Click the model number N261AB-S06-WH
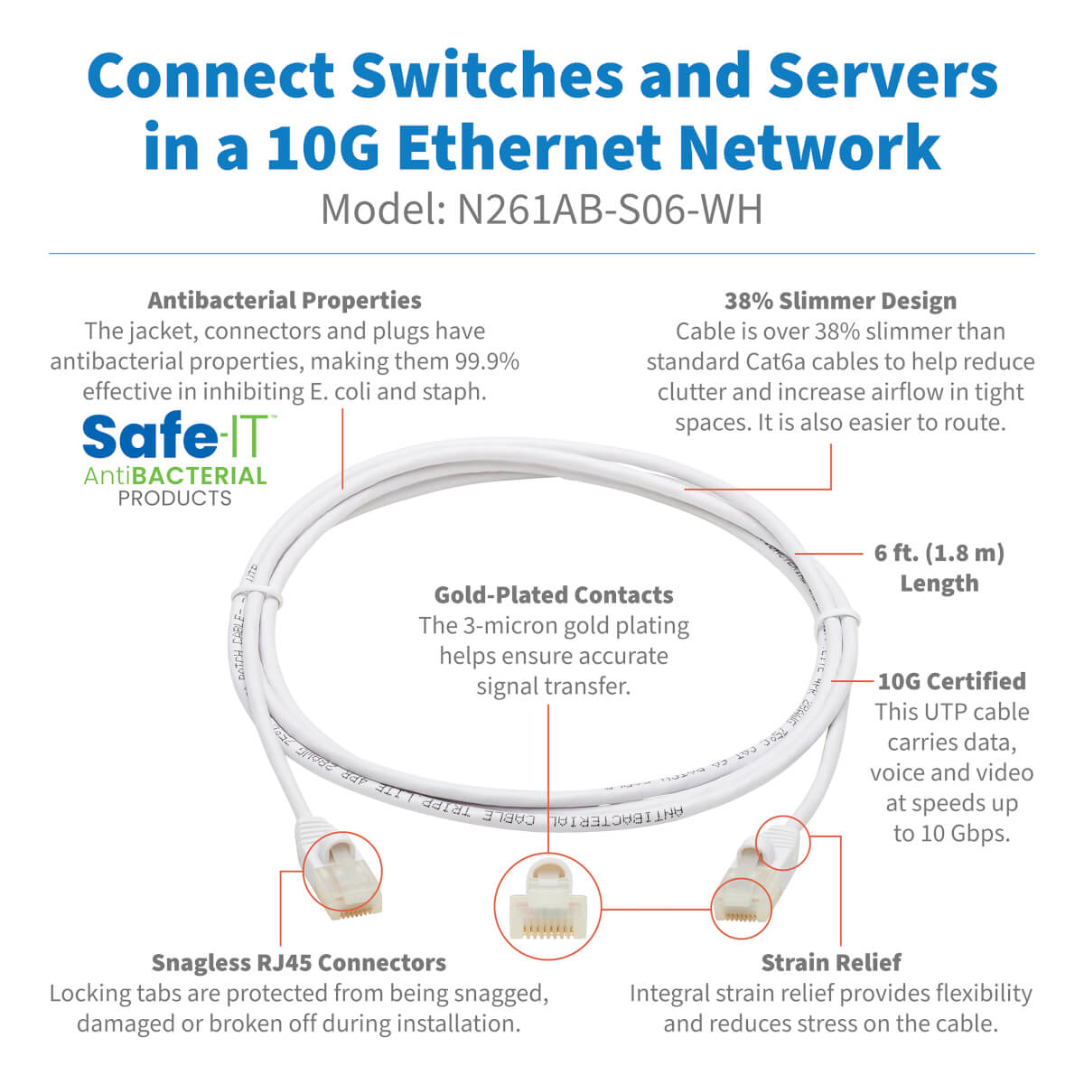coord(610,210)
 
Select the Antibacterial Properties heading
coord(285,301)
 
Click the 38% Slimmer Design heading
coord(840,301)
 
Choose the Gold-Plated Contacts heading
coord(554,595)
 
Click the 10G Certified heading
coord(952,681)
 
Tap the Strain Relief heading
coord(831,963)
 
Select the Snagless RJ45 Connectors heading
coord(299,963)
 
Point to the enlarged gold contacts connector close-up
coord(548,908)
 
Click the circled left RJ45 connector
coord(341,873)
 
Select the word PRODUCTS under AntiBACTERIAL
coord(175,499)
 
